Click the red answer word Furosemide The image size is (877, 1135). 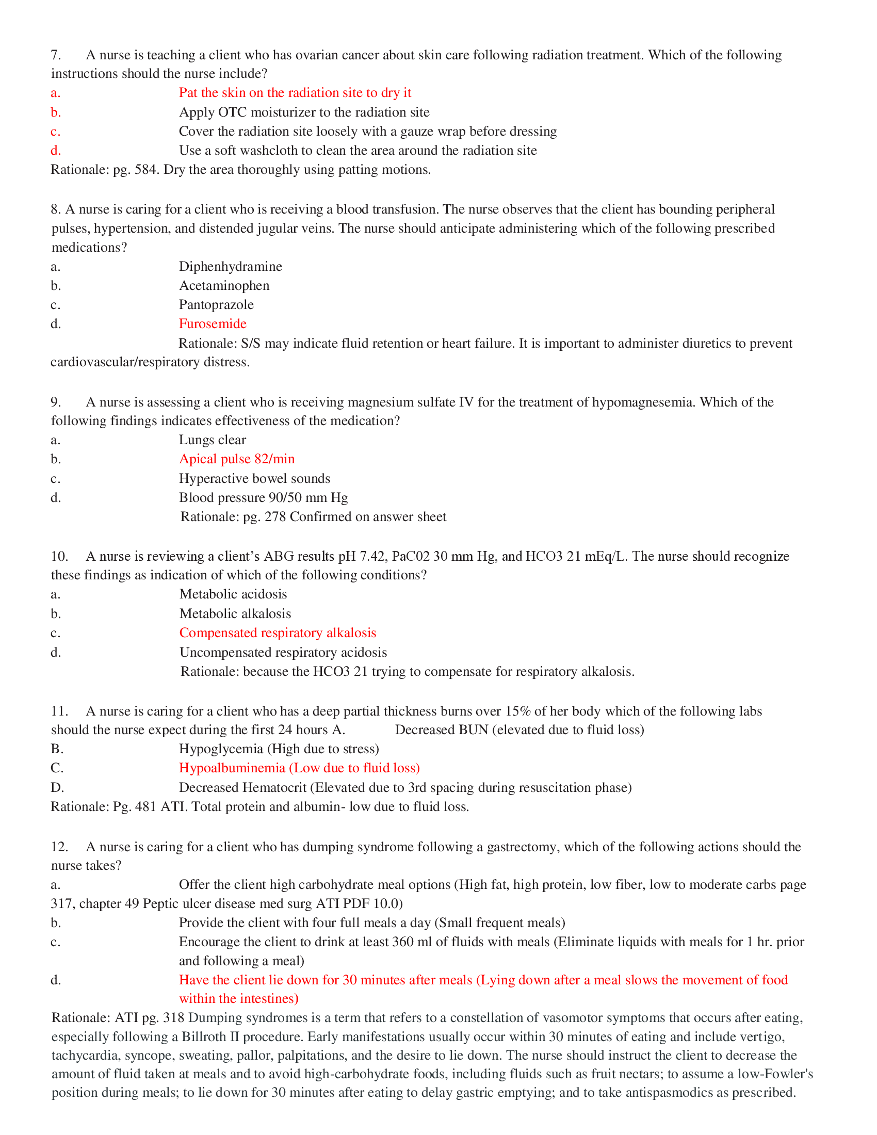point(213,324)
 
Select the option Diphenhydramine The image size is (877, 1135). point(230,267)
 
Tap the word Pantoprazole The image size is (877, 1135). point(216,304)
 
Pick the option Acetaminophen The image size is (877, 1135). point(224,286)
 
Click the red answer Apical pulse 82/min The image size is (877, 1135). point(237,459)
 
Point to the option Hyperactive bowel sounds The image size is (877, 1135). point(254,478)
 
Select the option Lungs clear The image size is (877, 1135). point(213,440)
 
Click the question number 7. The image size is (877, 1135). point(56,55)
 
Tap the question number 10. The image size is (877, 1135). point(59,556)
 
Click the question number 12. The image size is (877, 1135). point(59,847)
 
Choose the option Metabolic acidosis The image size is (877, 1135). point(233,594)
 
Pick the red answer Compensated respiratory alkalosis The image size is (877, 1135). point(278,633)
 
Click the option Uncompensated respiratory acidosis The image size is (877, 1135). point(283,652)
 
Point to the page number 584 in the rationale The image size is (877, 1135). point(145,169)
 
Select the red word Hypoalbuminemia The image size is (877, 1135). point(232,768)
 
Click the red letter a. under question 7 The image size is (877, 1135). point(55,93)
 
